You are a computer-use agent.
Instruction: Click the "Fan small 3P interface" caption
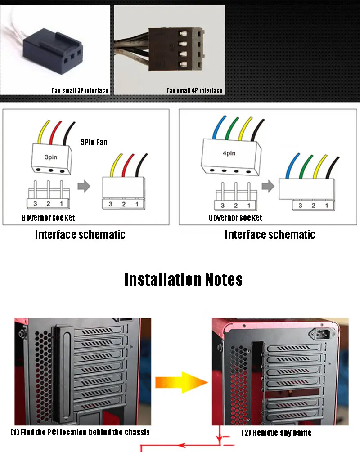[x=80, y=90]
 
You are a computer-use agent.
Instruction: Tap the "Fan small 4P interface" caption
[x=194, y=90]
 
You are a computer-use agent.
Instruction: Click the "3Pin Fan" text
[x=94, y=142]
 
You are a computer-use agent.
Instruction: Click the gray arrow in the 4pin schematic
[x=268, y=185]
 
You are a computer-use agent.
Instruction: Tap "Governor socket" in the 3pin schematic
[x=48, y=218]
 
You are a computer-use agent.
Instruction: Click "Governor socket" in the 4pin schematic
[x=235, y=218]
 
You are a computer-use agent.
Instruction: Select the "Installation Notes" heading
[x=183, y=279]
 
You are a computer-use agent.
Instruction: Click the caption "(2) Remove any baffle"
[x=276, y=433]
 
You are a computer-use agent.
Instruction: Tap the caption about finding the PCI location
[x=80, y=432]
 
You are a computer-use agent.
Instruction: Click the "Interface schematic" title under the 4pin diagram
[x=270, y=234]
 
